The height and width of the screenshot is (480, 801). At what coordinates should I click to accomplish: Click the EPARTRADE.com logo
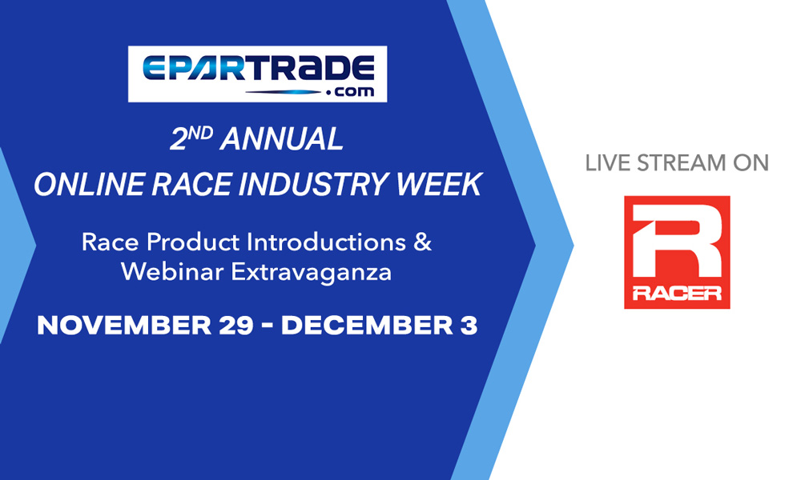click(x=257, y=73)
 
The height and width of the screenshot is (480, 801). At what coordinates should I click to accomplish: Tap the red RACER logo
click(x=677, y=251)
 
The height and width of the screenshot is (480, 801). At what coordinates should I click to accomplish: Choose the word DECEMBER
click(x=362, y=326)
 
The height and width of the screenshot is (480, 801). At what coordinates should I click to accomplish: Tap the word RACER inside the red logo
click(x=677, y=293)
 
